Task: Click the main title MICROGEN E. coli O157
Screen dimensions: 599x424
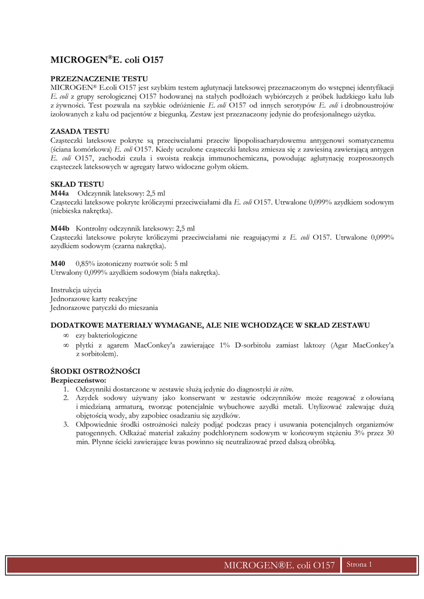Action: click(x=107, y=60)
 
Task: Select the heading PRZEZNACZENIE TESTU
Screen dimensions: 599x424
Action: click(x=99, y=78)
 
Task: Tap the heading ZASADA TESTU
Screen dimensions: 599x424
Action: click(x=80, y=132)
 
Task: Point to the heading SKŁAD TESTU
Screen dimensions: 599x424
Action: click(x=77, y=184)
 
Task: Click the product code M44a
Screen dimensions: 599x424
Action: click(x=60, y=193)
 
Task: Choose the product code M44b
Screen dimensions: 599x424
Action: click(x=60, y=228)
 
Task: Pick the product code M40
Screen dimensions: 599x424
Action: click(x=58, y=264)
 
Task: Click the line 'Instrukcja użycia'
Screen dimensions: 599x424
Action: click(x=76, y=290)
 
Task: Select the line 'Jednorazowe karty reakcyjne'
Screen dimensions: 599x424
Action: click(x=94, y=298)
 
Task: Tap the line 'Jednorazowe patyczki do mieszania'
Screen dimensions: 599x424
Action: click(x=104, y=307)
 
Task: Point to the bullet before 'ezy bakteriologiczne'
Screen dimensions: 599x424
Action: click(x=66, y=335)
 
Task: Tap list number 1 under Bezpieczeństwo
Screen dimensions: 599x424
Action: click(x=66, y=389)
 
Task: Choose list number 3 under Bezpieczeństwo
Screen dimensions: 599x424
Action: click(x=66, y=424)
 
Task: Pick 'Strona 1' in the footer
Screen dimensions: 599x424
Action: click(x=359, y=564)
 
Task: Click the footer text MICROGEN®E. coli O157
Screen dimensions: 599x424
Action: click(x=279, y=565)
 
